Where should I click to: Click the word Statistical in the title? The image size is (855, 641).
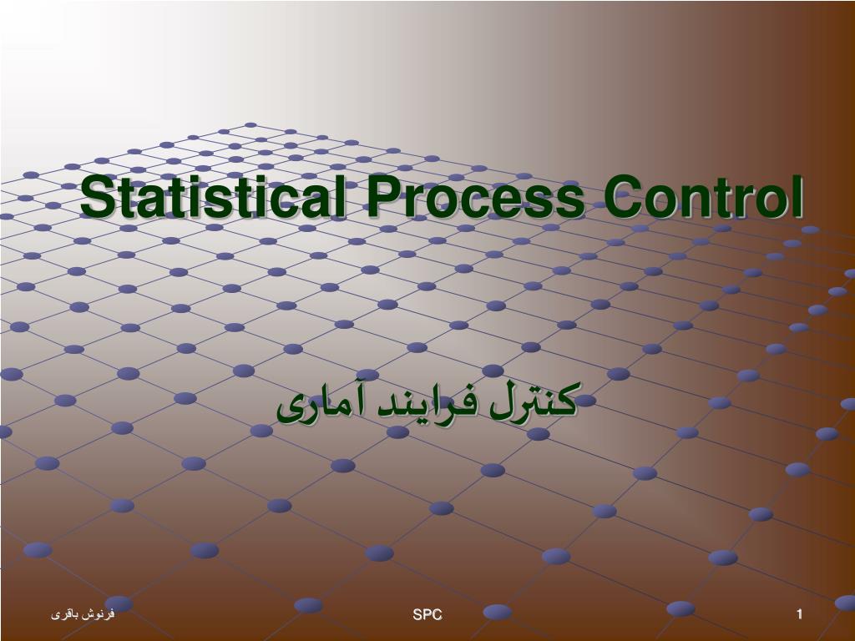pyautogui.click(x=213, y=198)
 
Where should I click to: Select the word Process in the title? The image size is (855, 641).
pyautogui.click(x=474, y=198)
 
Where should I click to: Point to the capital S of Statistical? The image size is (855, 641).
pyautogui.click(x=98, y=198)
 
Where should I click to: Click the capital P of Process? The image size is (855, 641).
pyautogui.click(x=382, y=198)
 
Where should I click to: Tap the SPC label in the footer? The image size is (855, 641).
pyautogui.click(x=427, y=615)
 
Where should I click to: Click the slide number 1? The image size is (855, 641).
pyautogui.click(x=799, y=615)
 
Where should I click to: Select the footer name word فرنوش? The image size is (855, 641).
pyautogui.click(x=99, y=615)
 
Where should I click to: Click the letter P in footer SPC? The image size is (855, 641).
pyautogui.click(x=427, y=615)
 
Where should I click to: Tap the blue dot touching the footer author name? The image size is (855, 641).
pyautogui.click(x=119, y=603)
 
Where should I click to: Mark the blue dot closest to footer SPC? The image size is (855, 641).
pyautogui.click(x=498, y=612)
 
